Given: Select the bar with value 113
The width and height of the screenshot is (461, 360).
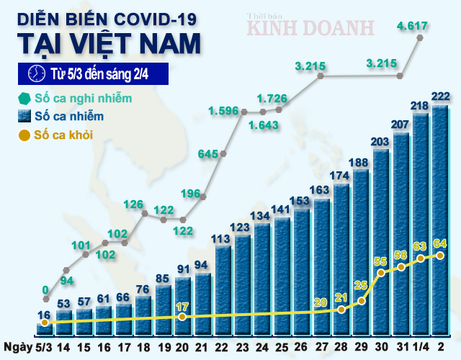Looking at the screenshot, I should pyautogui.click(x=223, y=288).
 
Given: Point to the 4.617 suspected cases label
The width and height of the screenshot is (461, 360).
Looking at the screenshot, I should pyautogui.click(x=413, y=27).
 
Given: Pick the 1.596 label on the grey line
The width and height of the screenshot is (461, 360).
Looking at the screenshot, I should pyautogui.click(x=223, y=111).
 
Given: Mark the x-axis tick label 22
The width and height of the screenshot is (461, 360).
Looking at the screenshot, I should pyautogui.click(x=223, y=346).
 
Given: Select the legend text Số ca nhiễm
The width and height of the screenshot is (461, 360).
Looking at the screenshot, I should pyautogui.click(x=71, y=116).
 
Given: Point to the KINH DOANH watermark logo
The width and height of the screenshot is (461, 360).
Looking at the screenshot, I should pyautogui.click(x=311, y=27).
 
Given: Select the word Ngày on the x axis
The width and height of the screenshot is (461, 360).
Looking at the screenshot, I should pyautogui.click(x=16, y=346).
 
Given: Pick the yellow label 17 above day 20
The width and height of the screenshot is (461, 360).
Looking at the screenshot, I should pyautogui.click(x=184, y=306).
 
